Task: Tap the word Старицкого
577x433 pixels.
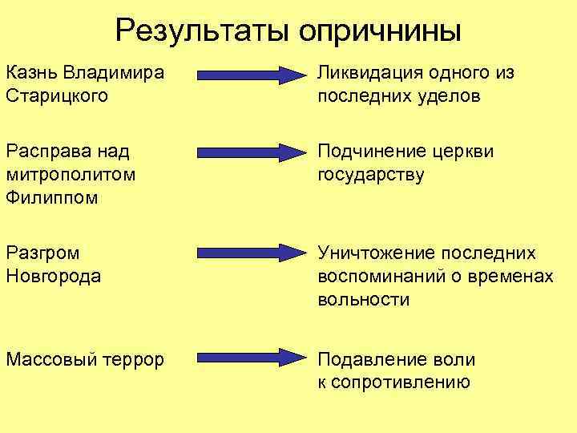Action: (x=57, y=96)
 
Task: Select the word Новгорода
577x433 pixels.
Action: (x=54, y=277)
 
